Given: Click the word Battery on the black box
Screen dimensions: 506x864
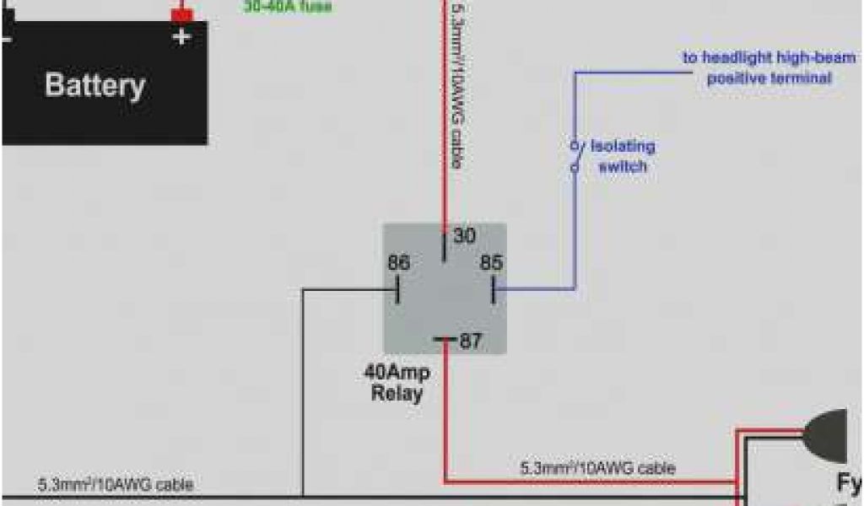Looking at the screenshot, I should pos(94,86).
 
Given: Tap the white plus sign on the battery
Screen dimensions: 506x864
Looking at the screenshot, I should pos(181,36).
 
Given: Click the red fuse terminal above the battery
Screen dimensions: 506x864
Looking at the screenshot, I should pos(181,15).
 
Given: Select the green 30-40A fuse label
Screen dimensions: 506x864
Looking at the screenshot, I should pos(288,8).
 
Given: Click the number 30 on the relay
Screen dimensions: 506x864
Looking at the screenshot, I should pos(465,236).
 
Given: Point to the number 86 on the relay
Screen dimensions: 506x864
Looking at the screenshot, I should pos(398,263).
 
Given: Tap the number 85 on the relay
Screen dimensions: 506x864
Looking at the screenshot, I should pos(491,263).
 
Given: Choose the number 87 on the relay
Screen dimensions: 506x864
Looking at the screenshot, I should pos(470,342).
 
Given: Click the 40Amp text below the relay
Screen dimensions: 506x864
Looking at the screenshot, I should pos(397,373).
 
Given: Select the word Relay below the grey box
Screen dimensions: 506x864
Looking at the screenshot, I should pos(397,393).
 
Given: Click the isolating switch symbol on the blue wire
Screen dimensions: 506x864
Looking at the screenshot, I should pos(575,155).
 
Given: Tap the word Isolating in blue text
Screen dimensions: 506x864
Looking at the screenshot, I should pos(623,147).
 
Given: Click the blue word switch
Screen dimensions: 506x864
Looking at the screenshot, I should pos(623,166).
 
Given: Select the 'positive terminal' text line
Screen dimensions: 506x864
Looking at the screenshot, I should pos(769,78).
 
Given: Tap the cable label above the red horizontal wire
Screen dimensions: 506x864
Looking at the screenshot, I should pos(597,466).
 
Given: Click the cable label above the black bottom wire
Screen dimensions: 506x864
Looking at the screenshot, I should pos(115,485).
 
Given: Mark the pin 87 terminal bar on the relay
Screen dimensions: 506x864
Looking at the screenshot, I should pos(445,341).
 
